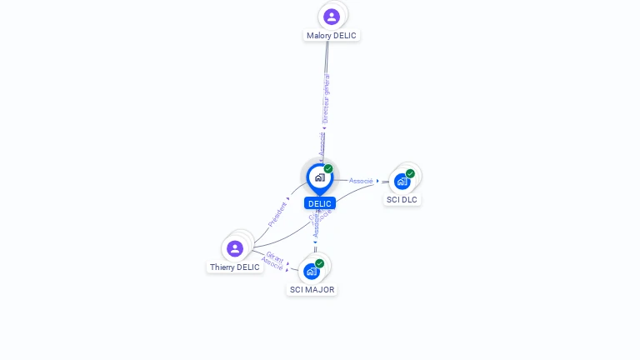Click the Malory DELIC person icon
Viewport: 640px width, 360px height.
click(x=332, y=17)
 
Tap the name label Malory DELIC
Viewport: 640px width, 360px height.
click(x=332, y=36)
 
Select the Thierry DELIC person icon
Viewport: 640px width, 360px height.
click(x=235, y=248)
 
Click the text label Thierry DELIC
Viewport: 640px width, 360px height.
click(x=235, y=267)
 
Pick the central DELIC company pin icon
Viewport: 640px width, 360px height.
click(x=319, y=177)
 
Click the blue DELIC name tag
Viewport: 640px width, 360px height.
click(x=320, y=203)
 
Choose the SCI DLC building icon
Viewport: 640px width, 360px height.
click(x=402, y=181)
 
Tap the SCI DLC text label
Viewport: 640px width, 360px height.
click(x=402, y=200)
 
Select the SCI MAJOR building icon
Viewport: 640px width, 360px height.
click(x=312, y=271)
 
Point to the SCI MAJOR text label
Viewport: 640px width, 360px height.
click(x=312, y=290)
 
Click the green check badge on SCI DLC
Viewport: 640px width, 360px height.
click(x=410, y=173)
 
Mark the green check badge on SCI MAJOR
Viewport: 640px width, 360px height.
click(x=319, y=263)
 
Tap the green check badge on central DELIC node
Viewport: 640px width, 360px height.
click(x=328, y=168)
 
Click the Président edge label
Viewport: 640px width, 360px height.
click(x=277, y=214)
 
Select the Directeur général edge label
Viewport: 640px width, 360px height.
click(x=326, y=98)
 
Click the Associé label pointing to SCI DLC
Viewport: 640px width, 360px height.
click(x=361, y=181)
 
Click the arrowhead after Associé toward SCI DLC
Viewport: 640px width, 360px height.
click(x=377, y=181)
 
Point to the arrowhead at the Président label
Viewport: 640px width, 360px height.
click(x=288, y=200)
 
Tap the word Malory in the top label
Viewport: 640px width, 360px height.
click(x=318, y=36)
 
